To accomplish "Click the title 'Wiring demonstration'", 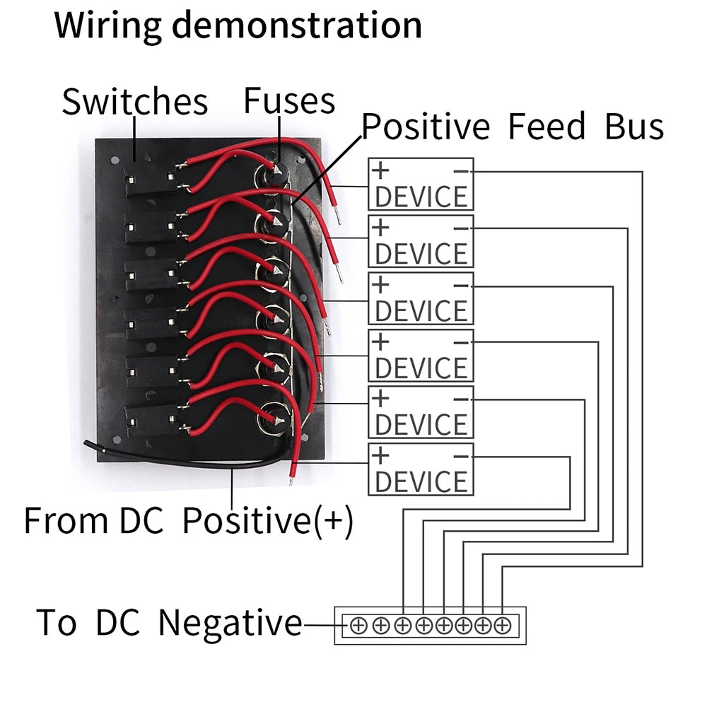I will (x=238, y=25).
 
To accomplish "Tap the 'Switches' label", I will (x=134, y=102).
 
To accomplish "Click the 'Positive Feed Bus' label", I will (x=513, y=127).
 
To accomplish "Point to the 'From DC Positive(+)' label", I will (x=188, y=522).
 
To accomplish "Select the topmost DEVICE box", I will (x=421, y=185).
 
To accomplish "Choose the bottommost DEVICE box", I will (x=421, y=469).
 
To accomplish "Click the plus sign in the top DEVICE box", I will (x=380, y=170).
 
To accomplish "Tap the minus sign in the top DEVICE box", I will (x=460, y=170).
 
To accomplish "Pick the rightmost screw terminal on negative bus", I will (x=503, y=625).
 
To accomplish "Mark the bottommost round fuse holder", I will (x=273, y=419).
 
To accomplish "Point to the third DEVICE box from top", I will (x=421, y=298).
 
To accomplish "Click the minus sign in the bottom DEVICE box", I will (x=460, y=456).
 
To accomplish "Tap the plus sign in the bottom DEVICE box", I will (x=380, y=456).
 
